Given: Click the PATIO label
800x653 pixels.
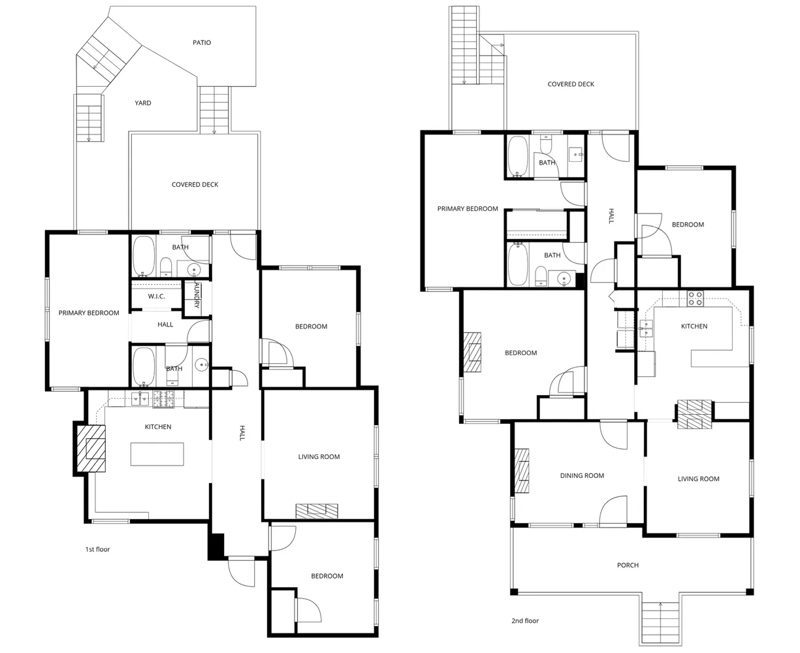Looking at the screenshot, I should [x=202, y=42].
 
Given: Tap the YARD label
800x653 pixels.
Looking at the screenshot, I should [x=143, y=103].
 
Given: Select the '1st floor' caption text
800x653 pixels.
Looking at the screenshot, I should [x=98, y=549].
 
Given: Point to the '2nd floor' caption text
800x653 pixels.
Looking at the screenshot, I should [x=525, y=621].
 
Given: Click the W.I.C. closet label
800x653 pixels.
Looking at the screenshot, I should [x=156, y=296].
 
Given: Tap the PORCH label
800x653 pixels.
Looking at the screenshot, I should [x=628, y=565].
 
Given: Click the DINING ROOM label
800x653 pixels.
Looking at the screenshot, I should [x=582, y=476].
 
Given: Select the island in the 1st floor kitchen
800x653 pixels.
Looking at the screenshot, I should [x=157, y=454].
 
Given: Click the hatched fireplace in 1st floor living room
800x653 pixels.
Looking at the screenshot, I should [x=317, y=511].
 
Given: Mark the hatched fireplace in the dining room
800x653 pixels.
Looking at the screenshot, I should [x=522, y=470].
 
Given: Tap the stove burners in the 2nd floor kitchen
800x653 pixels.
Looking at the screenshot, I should [x=695, y=298].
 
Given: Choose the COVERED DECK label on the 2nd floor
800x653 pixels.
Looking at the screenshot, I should [x=571, y=84].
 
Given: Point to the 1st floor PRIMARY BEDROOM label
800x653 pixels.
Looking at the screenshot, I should [x=89, y=313].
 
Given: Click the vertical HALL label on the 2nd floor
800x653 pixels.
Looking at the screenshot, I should [x=611, y=216].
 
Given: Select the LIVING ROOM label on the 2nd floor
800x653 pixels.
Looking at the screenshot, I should [x=698, y=479].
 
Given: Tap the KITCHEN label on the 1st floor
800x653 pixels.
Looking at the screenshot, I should [x=158, y=427].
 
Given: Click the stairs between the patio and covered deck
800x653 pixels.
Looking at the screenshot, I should [x=214, y=110].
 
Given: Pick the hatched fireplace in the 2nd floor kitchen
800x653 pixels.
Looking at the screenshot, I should [x=694, y=413].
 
